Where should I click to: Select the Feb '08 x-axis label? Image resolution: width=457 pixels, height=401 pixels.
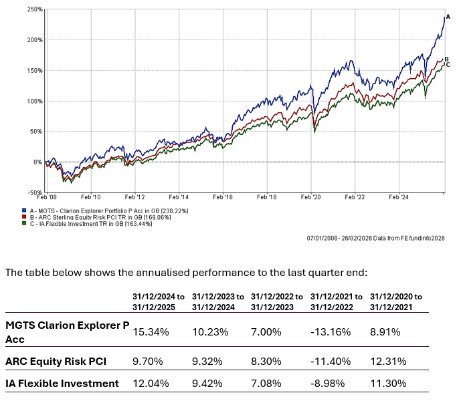coord(46,197)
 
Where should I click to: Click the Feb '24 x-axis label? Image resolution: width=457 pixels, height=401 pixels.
coord(399,197)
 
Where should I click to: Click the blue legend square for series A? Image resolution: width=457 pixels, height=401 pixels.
coord(24,210)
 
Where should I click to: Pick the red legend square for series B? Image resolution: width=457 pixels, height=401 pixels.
coord(24,217)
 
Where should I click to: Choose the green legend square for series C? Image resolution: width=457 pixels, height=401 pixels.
coord(24,223)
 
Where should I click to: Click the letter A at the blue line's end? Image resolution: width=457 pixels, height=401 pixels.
coord(448,16)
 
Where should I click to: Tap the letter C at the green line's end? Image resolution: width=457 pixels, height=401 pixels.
coord(448,65)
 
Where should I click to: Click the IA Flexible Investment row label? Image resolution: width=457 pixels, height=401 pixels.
coord(62,383)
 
